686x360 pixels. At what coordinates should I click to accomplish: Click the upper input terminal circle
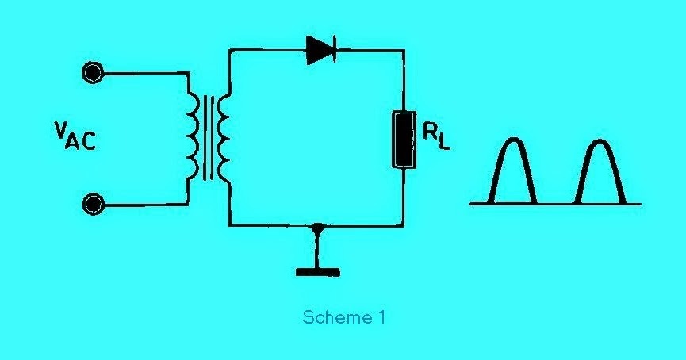click(x=94, y=74)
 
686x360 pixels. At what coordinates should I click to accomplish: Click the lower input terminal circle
click(x=94, y=205)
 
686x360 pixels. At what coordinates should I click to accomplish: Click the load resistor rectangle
click(x=404, y=140)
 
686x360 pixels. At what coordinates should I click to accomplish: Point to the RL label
click(x=435, y=138)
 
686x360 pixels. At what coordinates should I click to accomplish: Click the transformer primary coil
click(x=192, y=138)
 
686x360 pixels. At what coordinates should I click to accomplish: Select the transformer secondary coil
click(x=223, y=138)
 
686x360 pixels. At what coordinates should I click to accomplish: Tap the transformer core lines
click(x=208, y=138)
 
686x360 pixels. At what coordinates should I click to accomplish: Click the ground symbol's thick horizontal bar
click(x=318, y=272)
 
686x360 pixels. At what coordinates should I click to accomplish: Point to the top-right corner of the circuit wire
click(x=404, y=50)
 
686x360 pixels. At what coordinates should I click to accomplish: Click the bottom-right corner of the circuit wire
click(x=404, y=226)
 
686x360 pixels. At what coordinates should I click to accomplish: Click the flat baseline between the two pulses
click(x=558, y=204)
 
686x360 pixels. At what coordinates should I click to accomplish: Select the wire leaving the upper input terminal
click(x=143, y=74)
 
